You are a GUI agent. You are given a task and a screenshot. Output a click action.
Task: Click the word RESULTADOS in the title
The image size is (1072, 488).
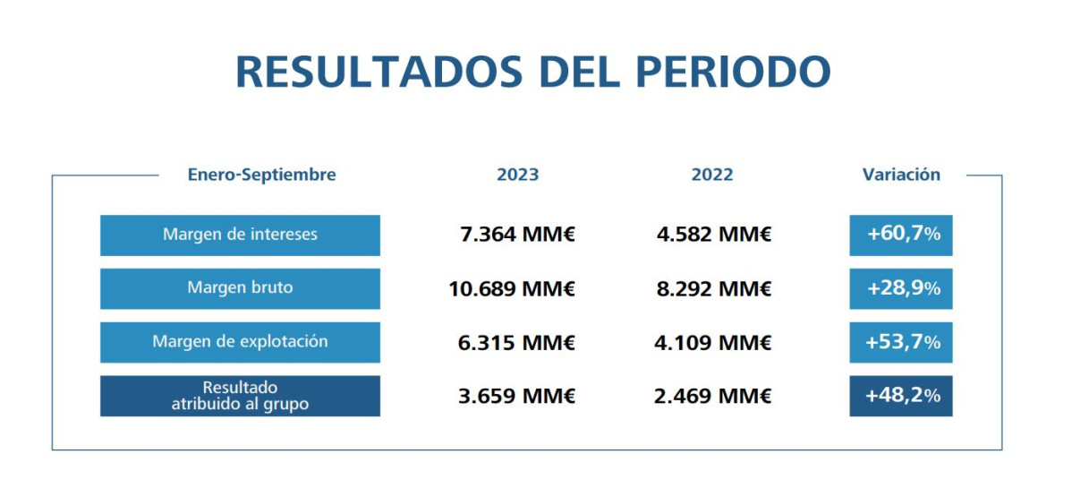click(x=362, y=72)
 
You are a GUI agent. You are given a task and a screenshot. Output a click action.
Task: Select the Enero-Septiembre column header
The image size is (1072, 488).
click(x=261, y=175)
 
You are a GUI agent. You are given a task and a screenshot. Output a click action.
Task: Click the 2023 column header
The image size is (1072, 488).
click(x=517, y=175)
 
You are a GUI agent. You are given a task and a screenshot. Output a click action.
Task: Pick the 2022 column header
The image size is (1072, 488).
click(x=711, y=175)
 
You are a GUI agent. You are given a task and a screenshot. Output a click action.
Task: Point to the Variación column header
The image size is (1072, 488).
click(x=901, y=175)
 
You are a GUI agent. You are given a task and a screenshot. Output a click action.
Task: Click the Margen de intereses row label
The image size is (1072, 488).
click(x=240, y=235)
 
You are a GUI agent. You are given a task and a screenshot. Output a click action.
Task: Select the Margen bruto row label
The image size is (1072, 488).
click(x=240, y=288)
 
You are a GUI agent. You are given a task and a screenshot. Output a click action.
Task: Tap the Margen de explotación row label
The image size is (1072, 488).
click(x=240, y=342)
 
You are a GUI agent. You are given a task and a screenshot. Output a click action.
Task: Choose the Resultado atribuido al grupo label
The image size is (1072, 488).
click(x=240, y=396)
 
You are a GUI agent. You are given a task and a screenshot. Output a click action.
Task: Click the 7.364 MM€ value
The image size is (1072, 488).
click(x=516, y=235)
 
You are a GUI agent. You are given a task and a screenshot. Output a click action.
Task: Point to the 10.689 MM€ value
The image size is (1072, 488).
click(x=512, y=289)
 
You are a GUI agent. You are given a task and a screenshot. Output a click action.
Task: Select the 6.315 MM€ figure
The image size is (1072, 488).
click(x=516, y=343)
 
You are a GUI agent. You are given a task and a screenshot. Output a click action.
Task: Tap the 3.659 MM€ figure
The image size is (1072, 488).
click(x=516, y=396)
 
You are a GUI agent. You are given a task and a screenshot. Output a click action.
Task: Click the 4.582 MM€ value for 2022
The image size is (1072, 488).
click(x=712, y=235)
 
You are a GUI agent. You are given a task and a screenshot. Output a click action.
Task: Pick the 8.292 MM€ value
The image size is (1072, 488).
click(x=712, y=289)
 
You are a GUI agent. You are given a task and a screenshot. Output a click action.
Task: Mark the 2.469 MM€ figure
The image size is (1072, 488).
click(x=712, y=396)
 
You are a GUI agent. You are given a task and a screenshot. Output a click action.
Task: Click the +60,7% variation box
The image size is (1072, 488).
click(x=901, y=235)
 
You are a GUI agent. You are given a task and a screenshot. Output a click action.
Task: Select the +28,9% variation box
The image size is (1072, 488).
click(x=901, y=289)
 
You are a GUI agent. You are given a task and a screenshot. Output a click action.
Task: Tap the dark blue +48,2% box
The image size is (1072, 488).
click(x=901, y=396)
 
